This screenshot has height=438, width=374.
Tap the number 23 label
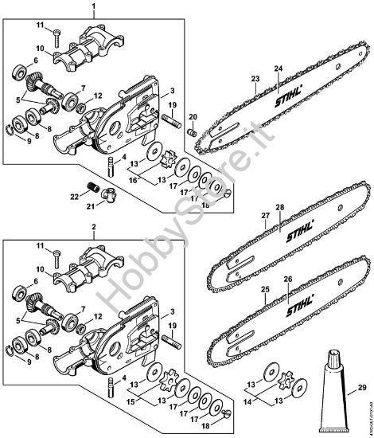pos(255,78)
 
